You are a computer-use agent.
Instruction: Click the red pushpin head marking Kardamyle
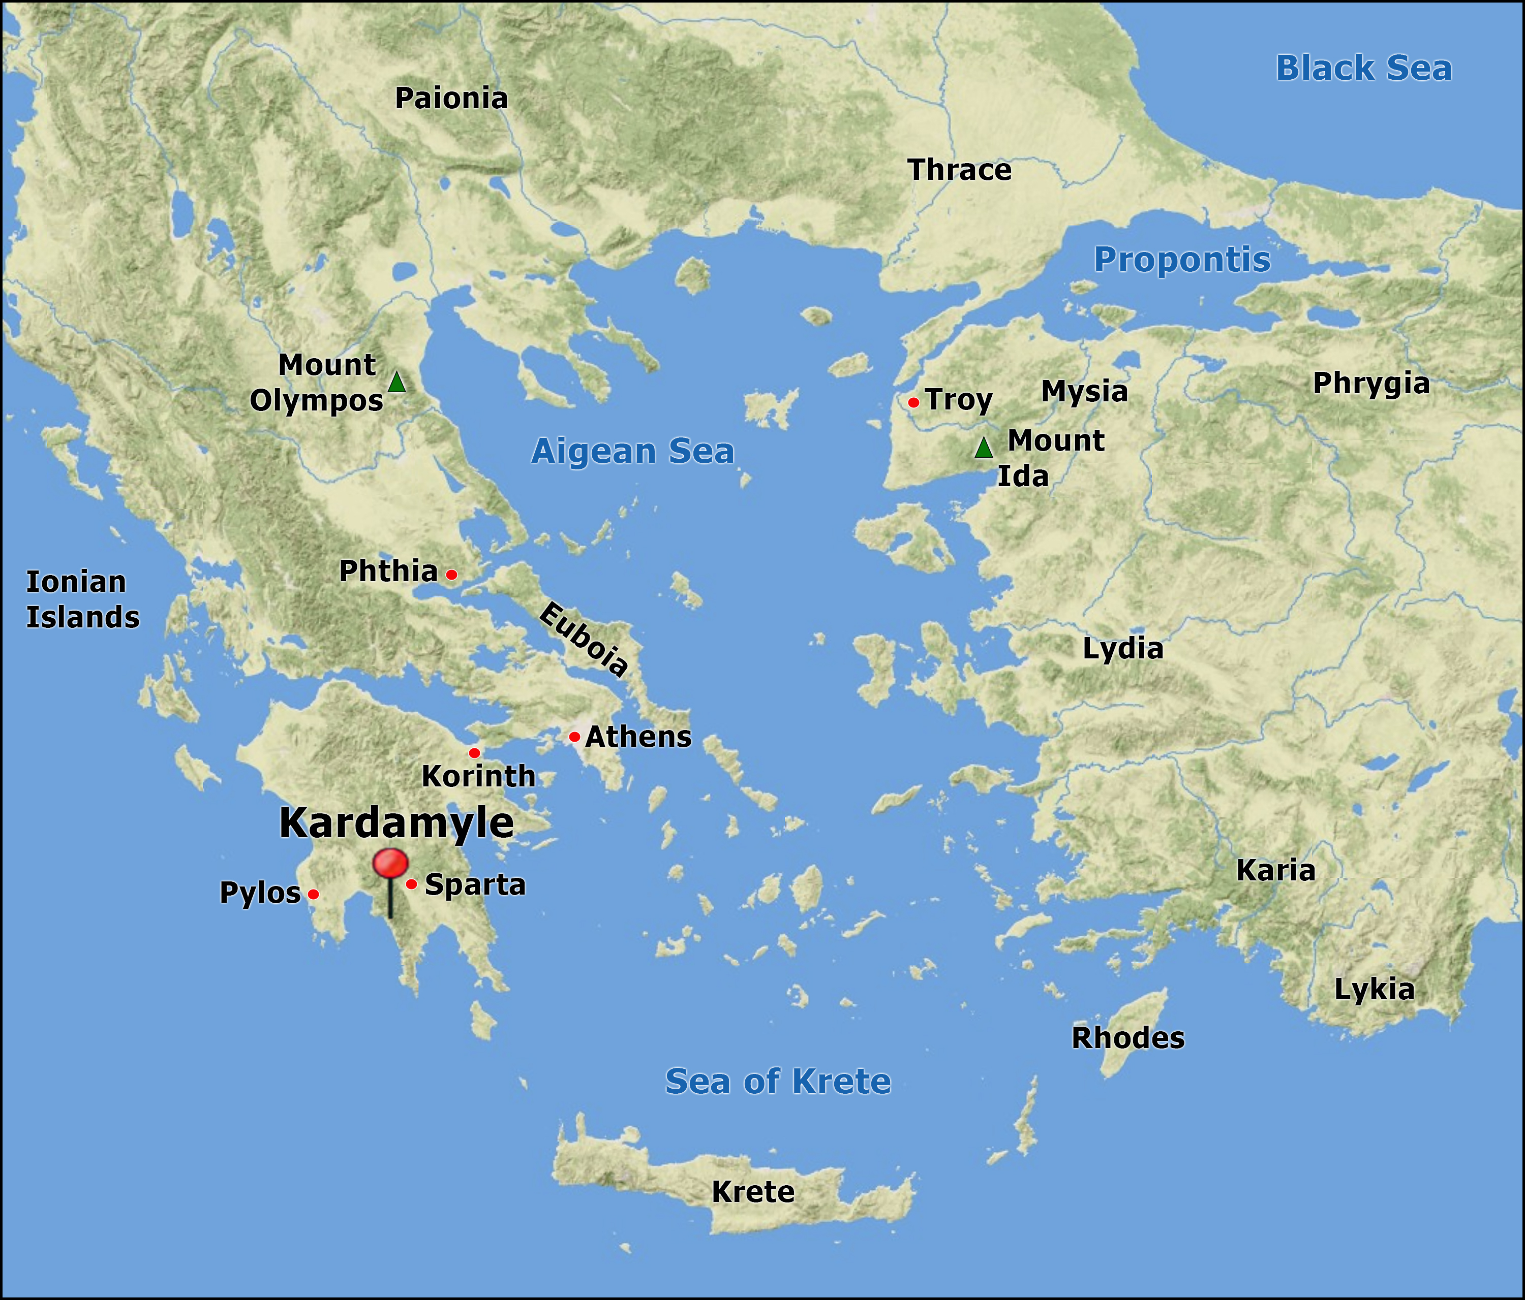point(390,862)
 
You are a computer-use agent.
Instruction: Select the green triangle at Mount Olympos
point(396,382)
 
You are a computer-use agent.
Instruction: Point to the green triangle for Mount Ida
point(984,448)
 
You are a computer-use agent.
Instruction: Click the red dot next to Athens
point(574,737)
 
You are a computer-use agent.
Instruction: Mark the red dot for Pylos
point(313,894)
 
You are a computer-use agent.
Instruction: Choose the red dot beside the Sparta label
point(411,883)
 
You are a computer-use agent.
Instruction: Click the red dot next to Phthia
point(451,575)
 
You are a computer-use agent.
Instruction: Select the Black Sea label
point(1363,69)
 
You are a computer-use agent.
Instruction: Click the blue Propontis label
point(1181,260)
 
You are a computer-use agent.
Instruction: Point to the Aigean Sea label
point(632,451)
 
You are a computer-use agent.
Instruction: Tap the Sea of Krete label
point(777,1081)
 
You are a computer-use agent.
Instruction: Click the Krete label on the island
point(752,1191)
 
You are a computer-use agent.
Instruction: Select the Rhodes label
point(1127,1037)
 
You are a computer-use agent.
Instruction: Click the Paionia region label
point(451,99)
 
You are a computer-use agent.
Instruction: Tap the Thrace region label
point(959,170)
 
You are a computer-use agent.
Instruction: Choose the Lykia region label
point(1374,990)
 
